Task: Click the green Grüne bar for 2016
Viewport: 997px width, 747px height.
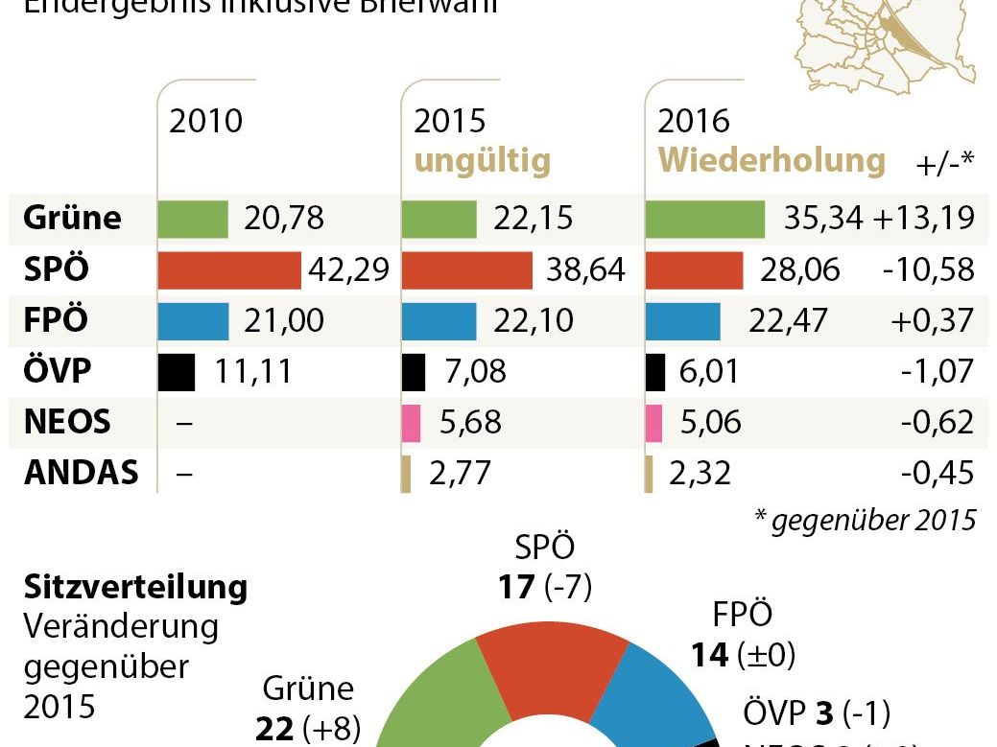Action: (704, 219)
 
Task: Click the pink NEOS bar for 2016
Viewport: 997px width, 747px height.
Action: (654, 423)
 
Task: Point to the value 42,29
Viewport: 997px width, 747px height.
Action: (348, 270)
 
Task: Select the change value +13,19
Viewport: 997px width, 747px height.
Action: (924, 219)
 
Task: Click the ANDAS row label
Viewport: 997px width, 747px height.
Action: (82, 473)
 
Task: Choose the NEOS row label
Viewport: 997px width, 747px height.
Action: (67, 422)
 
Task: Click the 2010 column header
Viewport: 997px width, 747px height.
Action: (206, 121)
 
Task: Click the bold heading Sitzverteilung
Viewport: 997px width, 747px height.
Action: (135, 586)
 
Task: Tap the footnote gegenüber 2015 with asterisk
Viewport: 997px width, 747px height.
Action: (865, 521)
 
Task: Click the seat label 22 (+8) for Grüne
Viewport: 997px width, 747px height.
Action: (308, 728)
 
